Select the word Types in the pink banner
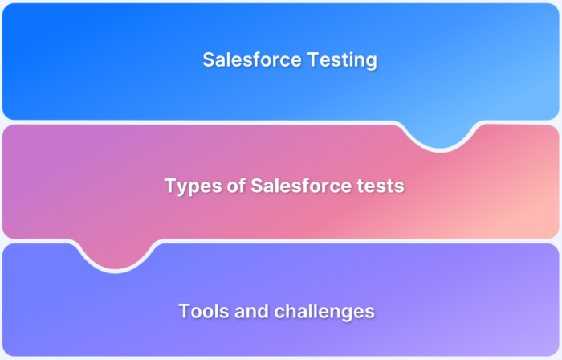tap(188, 186)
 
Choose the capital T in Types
tap(170, 186)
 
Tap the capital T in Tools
tap(184, 310)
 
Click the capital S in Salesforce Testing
tap(208, 60)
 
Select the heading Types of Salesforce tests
tap(284, 186)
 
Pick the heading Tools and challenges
tap(276, 310)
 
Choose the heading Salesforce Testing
tap(290, 60)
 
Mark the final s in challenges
tap(370, 310)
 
